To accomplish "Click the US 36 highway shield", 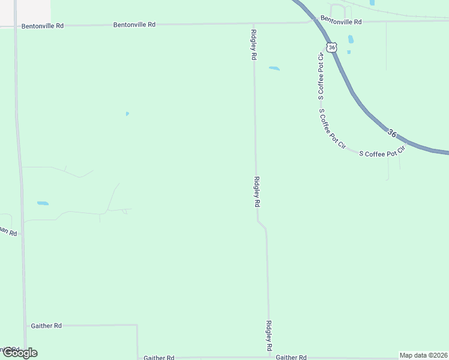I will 332,46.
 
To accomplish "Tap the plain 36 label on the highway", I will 392,133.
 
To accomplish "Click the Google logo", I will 20,353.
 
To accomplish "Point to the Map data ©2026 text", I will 423,355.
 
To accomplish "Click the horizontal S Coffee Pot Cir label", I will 382,153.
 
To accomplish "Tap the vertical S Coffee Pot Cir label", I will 321,73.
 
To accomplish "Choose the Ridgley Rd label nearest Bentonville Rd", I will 254,44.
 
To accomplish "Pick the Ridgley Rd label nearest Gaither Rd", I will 269,335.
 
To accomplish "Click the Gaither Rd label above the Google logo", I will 46,325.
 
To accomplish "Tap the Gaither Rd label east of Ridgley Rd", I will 292,356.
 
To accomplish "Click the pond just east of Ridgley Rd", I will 274,68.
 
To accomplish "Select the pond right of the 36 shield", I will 351,40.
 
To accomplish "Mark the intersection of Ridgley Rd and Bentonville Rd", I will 253,24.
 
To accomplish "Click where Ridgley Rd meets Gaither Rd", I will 269,358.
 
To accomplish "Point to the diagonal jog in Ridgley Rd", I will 261,224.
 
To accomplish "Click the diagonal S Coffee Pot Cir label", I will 333,129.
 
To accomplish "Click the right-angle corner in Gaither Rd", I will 137,325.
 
